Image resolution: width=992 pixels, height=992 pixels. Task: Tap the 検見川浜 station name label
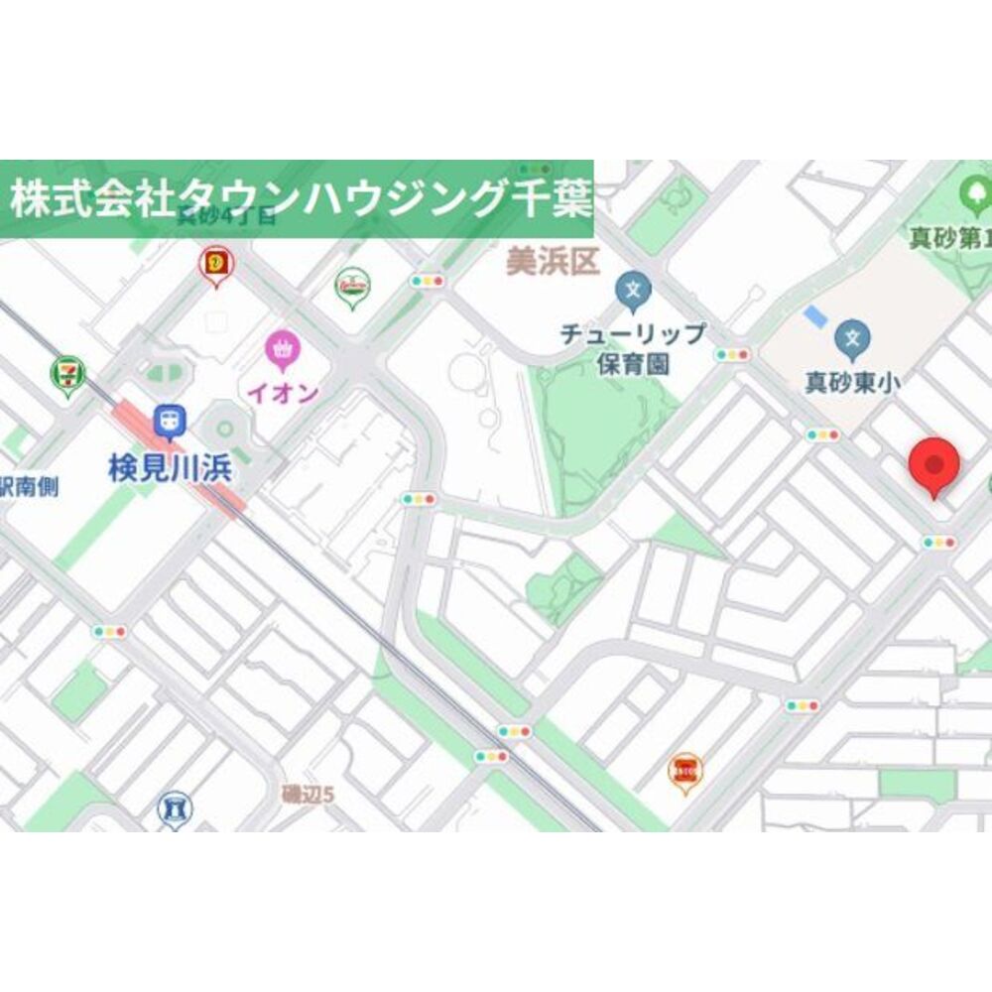(171, 468)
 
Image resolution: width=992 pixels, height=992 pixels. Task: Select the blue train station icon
(170, 423)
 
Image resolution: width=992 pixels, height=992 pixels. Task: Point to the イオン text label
(283, 393)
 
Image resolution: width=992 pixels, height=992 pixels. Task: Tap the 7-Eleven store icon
(67, 375)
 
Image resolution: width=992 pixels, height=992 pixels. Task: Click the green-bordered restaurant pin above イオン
(352, 286)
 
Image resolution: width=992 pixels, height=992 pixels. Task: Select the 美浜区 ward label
(553, 263)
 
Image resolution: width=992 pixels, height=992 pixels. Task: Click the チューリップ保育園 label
(633, 348)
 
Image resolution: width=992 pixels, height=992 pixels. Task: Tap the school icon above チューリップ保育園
(632, 291)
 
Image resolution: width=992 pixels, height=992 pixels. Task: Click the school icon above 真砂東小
(851, 338)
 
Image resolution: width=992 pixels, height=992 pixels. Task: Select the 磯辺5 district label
(309, 794)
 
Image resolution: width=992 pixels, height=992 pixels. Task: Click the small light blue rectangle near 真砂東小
(813, 317)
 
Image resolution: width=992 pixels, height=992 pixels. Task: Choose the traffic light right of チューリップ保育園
(732, 355)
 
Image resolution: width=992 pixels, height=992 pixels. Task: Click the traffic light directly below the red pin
(938, 543)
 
